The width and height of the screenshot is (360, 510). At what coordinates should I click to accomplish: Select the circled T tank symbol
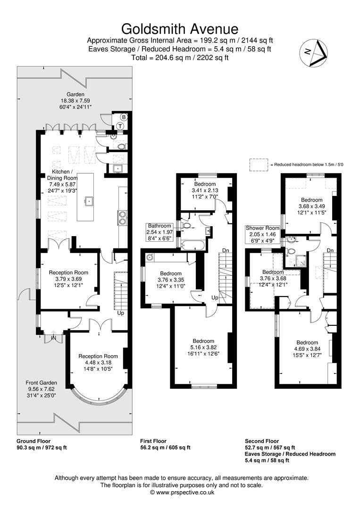[x=120, y=126]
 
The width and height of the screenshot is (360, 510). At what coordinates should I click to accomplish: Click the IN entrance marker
[x=53, y=339]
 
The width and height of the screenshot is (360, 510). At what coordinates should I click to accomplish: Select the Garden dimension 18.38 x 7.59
[x=75, y=101]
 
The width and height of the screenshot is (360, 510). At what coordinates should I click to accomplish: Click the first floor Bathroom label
[x=159, y=226]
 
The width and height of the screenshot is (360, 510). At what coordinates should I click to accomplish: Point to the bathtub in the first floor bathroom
[x=193, y=245]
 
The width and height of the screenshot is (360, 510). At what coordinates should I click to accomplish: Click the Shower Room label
[x=262, y=228]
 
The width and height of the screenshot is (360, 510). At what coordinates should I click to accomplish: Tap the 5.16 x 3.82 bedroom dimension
[x=203, y=348]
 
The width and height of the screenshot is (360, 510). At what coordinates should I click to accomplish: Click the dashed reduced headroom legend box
[x=258, y=164]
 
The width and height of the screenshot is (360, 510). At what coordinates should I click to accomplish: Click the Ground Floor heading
[x=33, y=441]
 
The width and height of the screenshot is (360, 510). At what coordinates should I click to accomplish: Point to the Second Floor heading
[x=262, y=441]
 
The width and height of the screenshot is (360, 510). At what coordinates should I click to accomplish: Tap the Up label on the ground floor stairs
[x=121, y=313]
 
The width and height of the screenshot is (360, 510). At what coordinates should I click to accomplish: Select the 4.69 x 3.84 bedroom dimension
[x=307, y=349]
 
